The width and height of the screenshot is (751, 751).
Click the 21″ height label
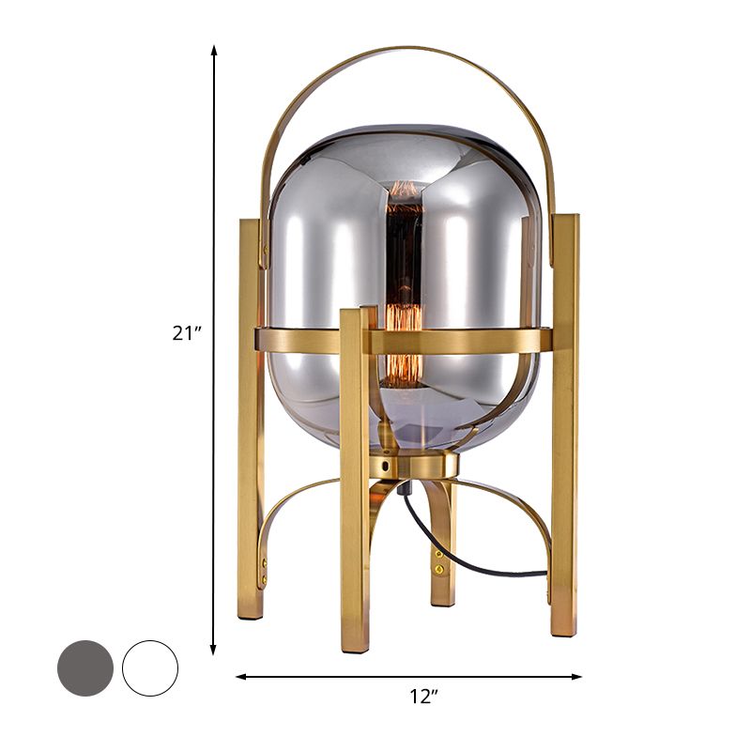point(187,333)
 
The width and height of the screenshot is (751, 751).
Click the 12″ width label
point(424,696)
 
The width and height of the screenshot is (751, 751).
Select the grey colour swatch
point(85,667)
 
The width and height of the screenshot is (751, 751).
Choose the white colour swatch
point(150,667)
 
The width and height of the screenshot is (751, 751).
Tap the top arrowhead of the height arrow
point(214,52)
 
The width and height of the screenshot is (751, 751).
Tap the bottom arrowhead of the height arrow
point(214,649)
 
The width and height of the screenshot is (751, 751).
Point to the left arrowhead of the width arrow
point(242,676)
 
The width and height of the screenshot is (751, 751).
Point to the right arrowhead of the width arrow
point(575,676)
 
